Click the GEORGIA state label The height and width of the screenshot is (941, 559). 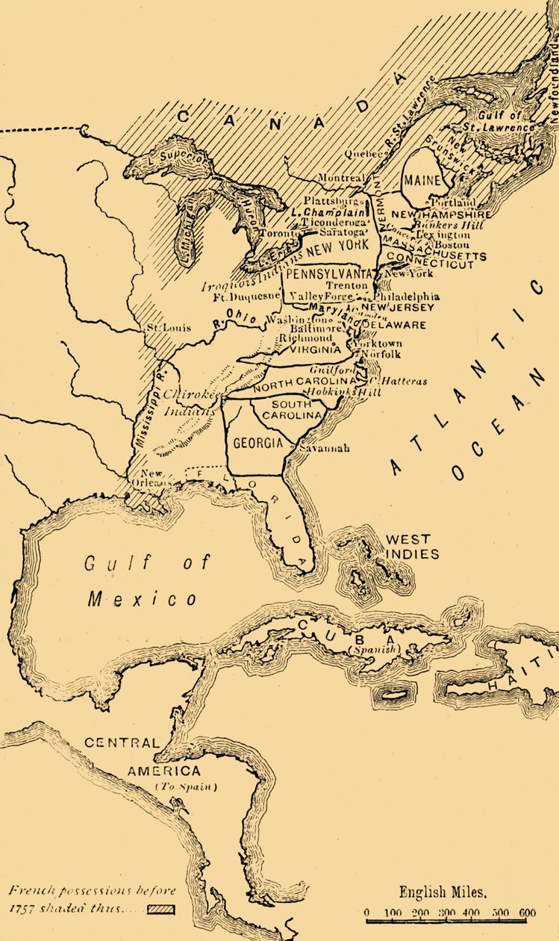click(257, 443)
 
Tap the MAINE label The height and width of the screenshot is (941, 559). click(422, 181)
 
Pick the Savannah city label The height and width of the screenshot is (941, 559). click(324, 449)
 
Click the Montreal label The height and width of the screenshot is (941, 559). click(341, 178)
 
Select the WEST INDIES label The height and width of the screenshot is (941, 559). click(408, 547)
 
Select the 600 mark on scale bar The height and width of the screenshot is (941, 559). click(527, 913)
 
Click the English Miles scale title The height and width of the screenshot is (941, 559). click(443, 892)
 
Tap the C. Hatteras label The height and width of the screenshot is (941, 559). click(404, 381)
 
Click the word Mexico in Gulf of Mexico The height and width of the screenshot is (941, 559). click(142, 598)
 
